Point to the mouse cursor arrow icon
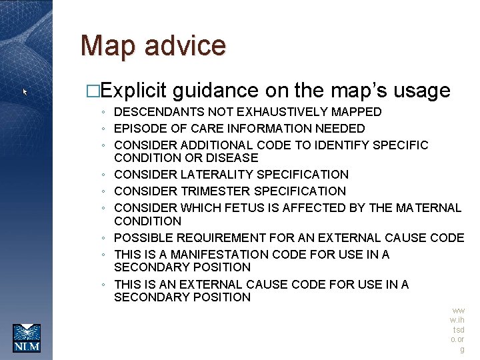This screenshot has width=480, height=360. pyautogui.click(x=25, y=91)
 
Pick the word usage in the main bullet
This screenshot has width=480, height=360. pyautogui.click(x=423, y=91)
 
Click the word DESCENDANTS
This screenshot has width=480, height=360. pyautogui.click(x=159, y=112)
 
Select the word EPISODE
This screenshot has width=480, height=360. pyautogui.click(x=140, y=129)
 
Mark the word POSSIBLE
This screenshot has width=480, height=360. pyautogui.click(x=141, y=238)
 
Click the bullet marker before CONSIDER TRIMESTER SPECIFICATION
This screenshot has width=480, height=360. pyautogui.click(x=105, y=192)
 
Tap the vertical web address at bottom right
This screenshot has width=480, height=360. pyautogui.click(x=458, y=330)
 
